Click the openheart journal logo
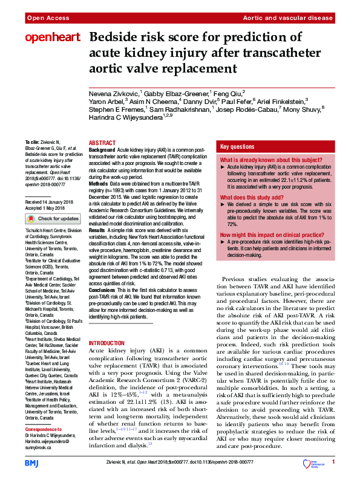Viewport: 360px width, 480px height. coord(52,37)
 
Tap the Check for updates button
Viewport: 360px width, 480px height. coord(52,218)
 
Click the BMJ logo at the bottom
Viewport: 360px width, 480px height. coord(31,462)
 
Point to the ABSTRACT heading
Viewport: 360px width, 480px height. coord(102,143)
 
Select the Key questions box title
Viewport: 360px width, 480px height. coord(237,147)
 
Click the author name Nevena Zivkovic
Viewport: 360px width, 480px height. coord(114,94)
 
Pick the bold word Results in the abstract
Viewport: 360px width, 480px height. coord(97,230)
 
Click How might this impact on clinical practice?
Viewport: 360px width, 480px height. coord(269,234)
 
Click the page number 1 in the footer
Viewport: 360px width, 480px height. coord(333,462)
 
